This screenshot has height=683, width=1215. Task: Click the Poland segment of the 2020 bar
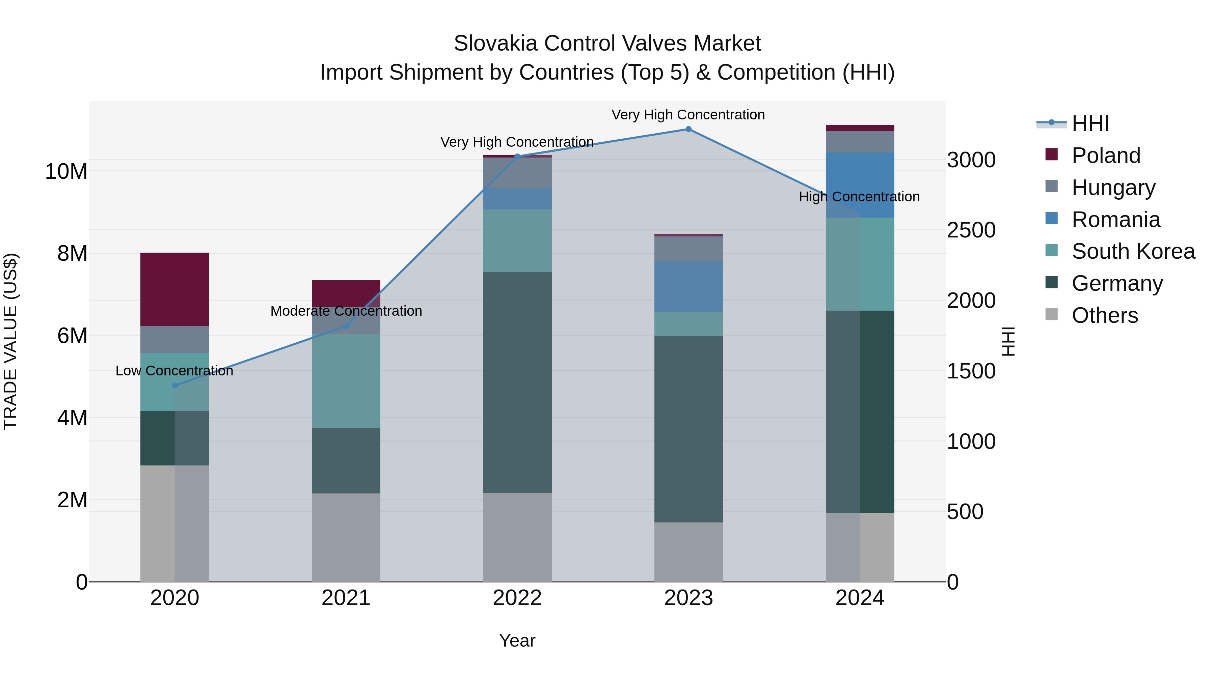[x=174, y=289]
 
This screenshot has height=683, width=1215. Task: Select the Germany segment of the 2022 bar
[x=517, y=382]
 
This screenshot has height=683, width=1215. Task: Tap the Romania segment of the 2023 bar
[x=688, y=287]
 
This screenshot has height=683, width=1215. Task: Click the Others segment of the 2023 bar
[x=688, y=552]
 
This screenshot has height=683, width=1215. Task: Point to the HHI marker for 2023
[x=688, y=129]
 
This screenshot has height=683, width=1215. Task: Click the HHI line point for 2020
[x=174, y=386]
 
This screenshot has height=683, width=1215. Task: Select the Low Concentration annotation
[x=174, y=371]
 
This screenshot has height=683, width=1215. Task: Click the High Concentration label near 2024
[x=859, y=197]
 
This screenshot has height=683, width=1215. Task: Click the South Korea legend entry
[x=1133, y=251]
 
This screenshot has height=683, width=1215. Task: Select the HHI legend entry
[x=1090, y=123]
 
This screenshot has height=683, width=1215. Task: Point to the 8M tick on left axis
[x=72, y=254]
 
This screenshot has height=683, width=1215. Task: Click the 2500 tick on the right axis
[x=971, y=230]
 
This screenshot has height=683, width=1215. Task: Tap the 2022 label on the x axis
[x=517, y=598]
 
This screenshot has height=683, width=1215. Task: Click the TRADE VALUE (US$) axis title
[x=10, y=341]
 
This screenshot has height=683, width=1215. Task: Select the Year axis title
[x=517, y=641]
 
